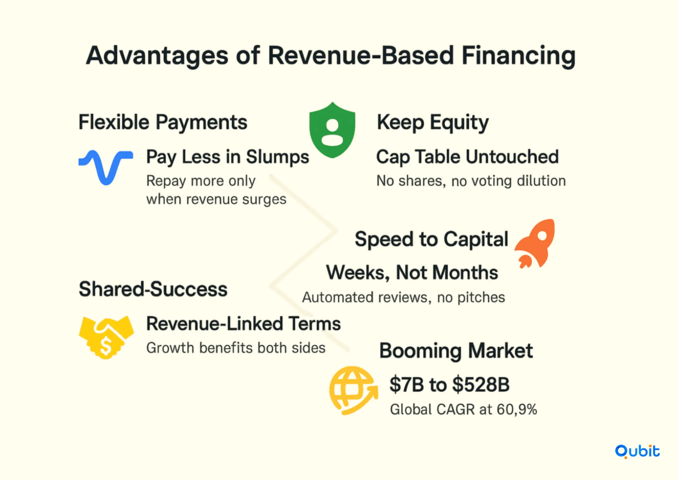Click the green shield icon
332,130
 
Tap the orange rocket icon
535,243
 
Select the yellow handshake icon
106,337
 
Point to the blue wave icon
106,167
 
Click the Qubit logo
637,451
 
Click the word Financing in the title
518,56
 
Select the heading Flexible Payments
163,122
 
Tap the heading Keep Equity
432,123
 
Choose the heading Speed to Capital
431,239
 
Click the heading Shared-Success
153,289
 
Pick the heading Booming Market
456,351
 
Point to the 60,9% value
517,409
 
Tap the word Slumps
277,157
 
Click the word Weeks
358,272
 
